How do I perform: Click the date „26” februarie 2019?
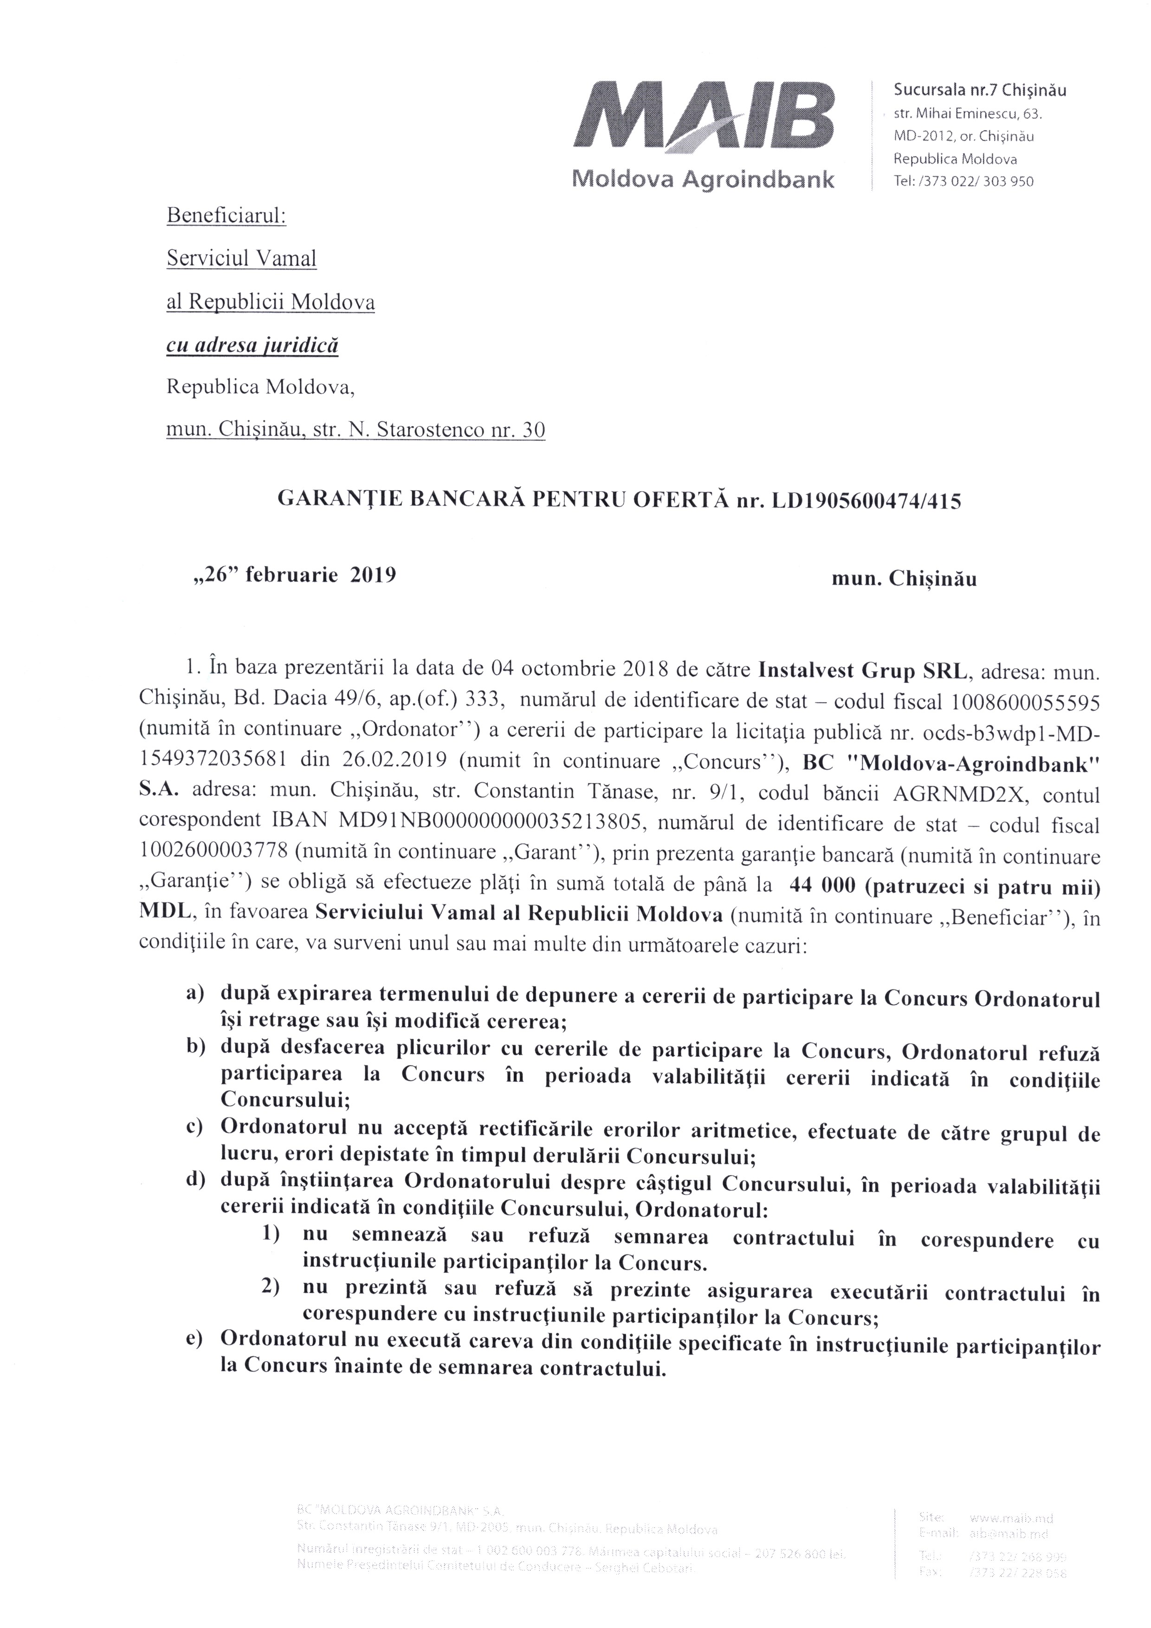click(290, 575)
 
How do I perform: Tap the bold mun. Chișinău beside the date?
click(904, 579)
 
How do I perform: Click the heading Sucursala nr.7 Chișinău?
click(980, 90)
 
